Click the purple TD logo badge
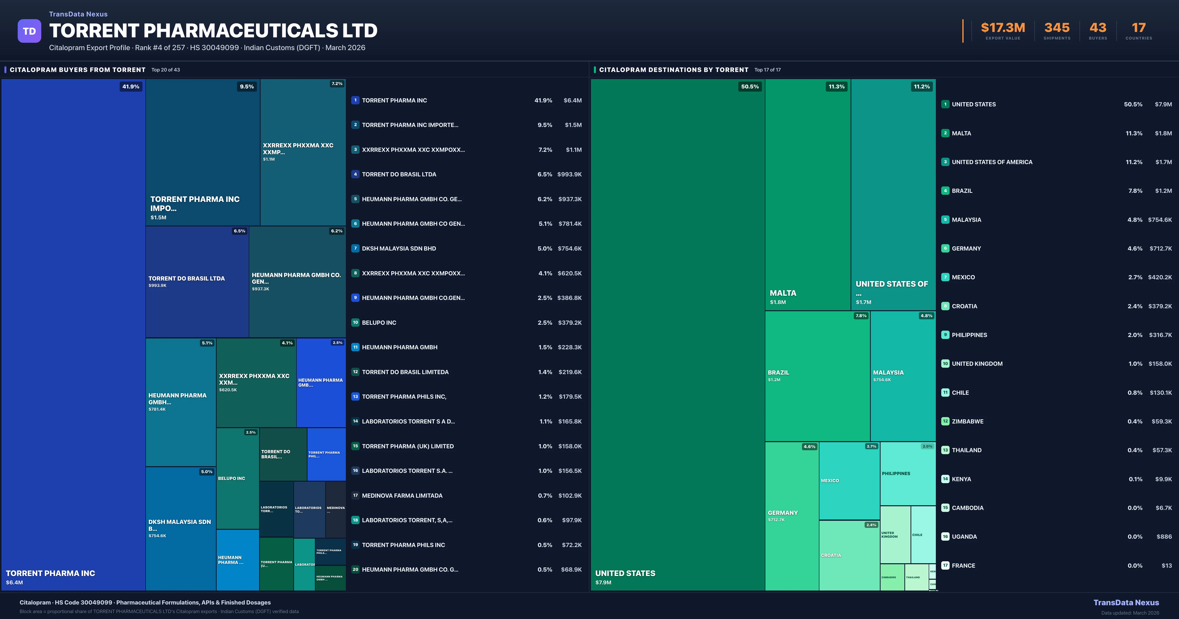point(29,31)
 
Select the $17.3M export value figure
point(1003,28)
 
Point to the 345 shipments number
point(1057,28)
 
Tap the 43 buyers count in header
point(1097,28)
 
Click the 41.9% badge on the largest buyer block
point(131,86)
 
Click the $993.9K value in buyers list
point(569,174)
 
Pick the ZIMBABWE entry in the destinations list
point(968,421)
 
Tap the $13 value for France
point(1167,565)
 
